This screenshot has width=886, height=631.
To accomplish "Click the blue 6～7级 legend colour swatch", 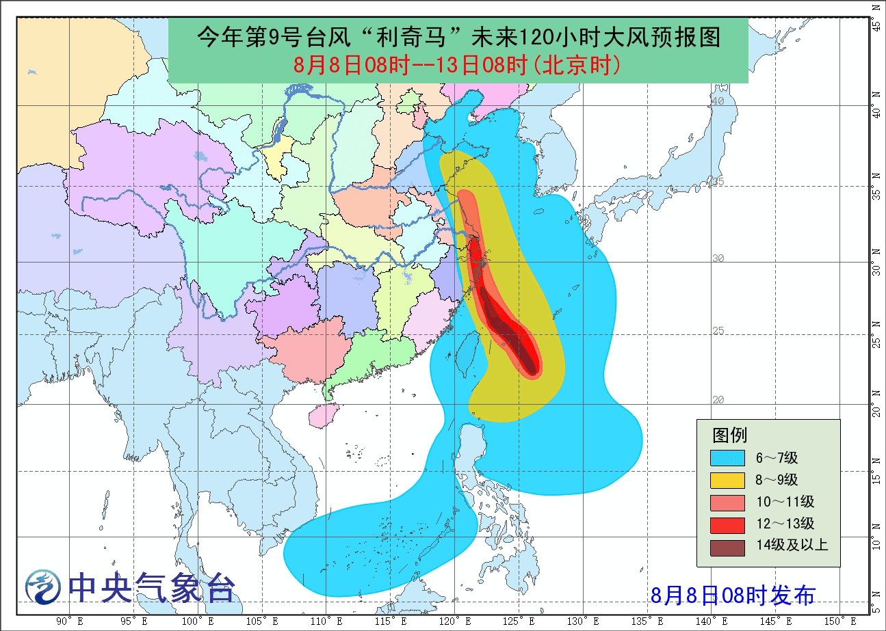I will pyautogui.click(x=727, y=457).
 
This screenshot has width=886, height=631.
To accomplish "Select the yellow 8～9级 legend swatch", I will pyautogui.click(x=727, y=479).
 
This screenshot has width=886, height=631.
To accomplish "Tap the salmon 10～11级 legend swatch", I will pyautogui.click(x=727, y=501).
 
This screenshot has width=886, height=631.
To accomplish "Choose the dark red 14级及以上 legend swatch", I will pyautogui.click(x=727, y=545).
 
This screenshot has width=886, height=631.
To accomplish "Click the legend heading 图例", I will pyautogui.click(x=729, y=435).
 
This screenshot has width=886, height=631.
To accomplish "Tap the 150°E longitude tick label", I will pyautogui.click(x=833, y=621).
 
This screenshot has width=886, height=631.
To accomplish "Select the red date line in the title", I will pyautogui.click(x=457, y=65).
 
